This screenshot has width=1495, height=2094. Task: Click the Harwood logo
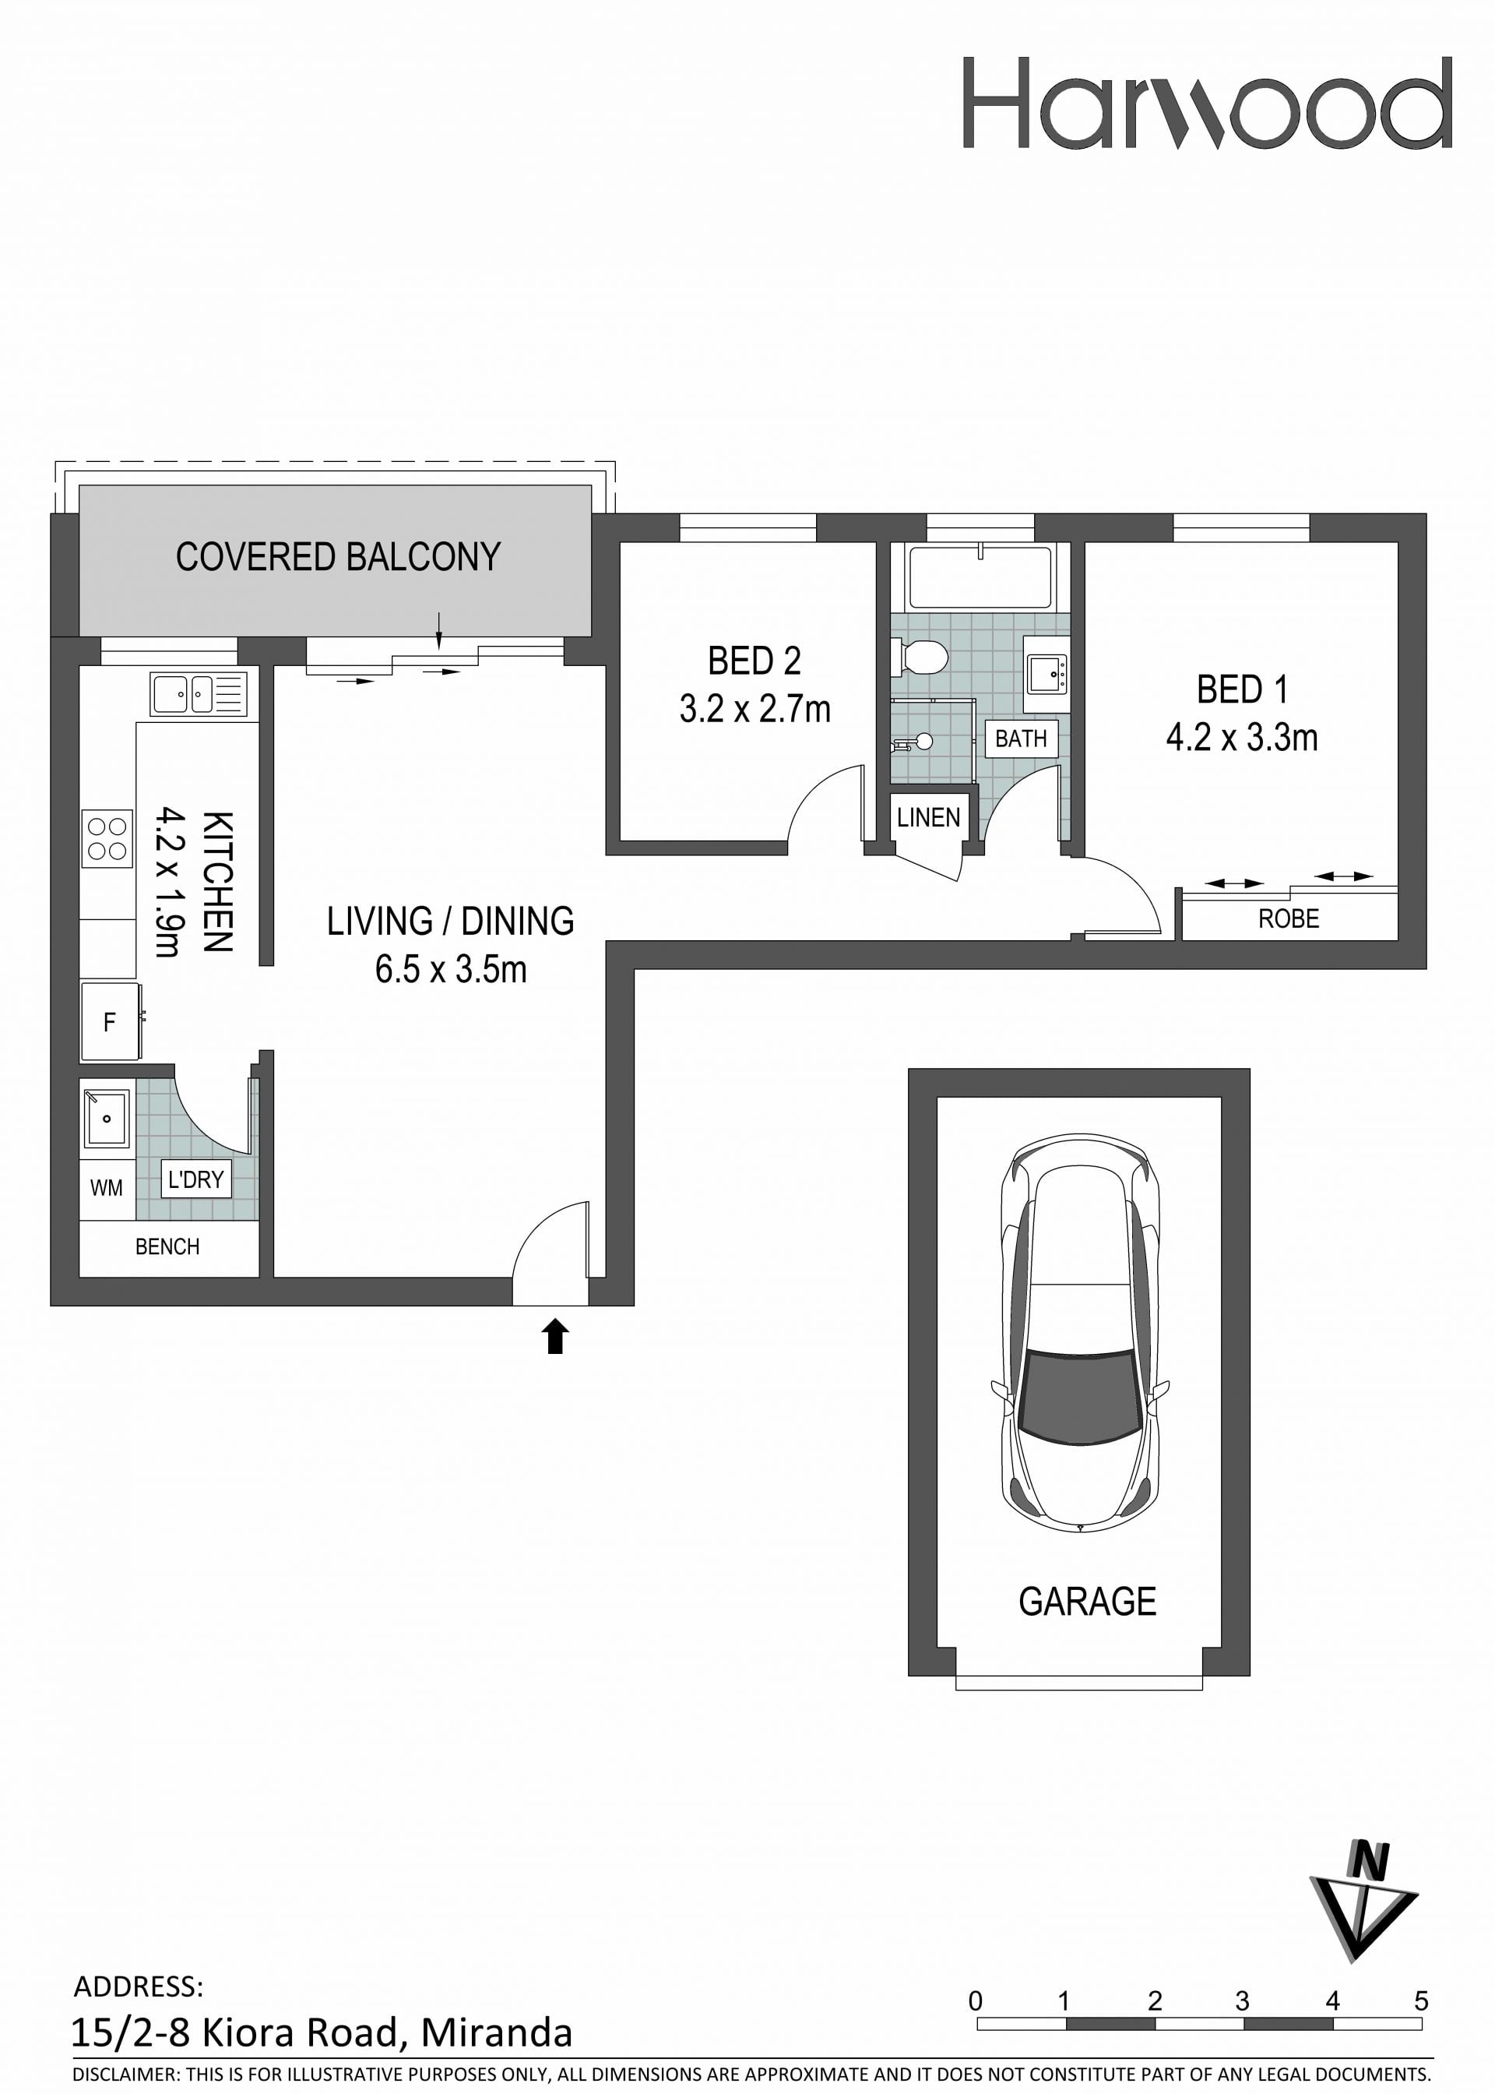pyautogui.click(x=1207, y=102)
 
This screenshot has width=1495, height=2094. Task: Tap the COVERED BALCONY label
pyautogui.click(x=338, y=557)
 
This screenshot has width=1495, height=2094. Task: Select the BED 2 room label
pyautogui.click(x=754, y=661)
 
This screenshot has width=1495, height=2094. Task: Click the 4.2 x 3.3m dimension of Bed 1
pyautogui.click(x=1242, y=738)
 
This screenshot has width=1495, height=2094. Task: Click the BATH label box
pyautogui.click(x=1021, y=739)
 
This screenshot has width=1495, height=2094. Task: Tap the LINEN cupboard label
pyautogui.click(x=928, y=816)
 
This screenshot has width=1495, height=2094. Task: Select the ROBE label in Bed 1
pyautogui.click(x=1289, y=918)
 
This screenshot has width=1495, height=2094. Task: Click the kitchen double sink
pyautogui.click(x=199, y=693)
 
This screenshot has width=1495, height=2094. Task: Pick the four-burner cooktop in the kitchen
pyautogui.click(x=107, y=838)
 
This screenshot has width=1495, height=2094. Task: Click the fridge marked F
pyautogui.click(x=110, y=1022)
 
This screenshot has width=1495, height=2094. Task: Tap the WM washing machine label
pyautogui.click(x=106, y=1189)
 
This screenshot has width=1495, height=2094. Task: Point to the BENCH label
pyautogui.click(x=167, y=1247)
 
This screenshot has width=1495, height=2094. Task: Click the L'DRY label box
pyautogui.click(x=196, y=1179)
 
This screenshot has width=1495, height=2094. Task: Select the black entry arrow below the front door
pyautogui.click(x=554, y=1335)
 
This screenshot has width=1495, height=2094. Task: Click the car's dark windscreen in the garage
pyautogui.click(x=1080, y=1396)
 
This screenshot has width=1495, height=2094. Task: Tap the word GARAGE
pyautogui.click(x=1087, y=1602)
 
